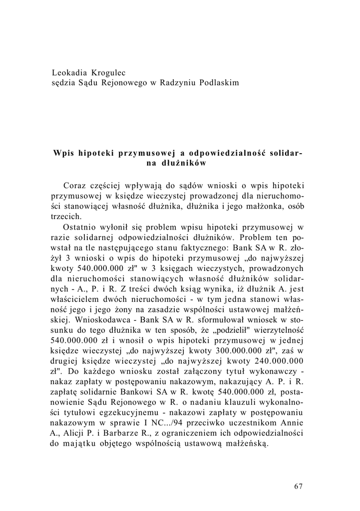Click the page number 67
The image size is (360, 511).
[x=299, y=487]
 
